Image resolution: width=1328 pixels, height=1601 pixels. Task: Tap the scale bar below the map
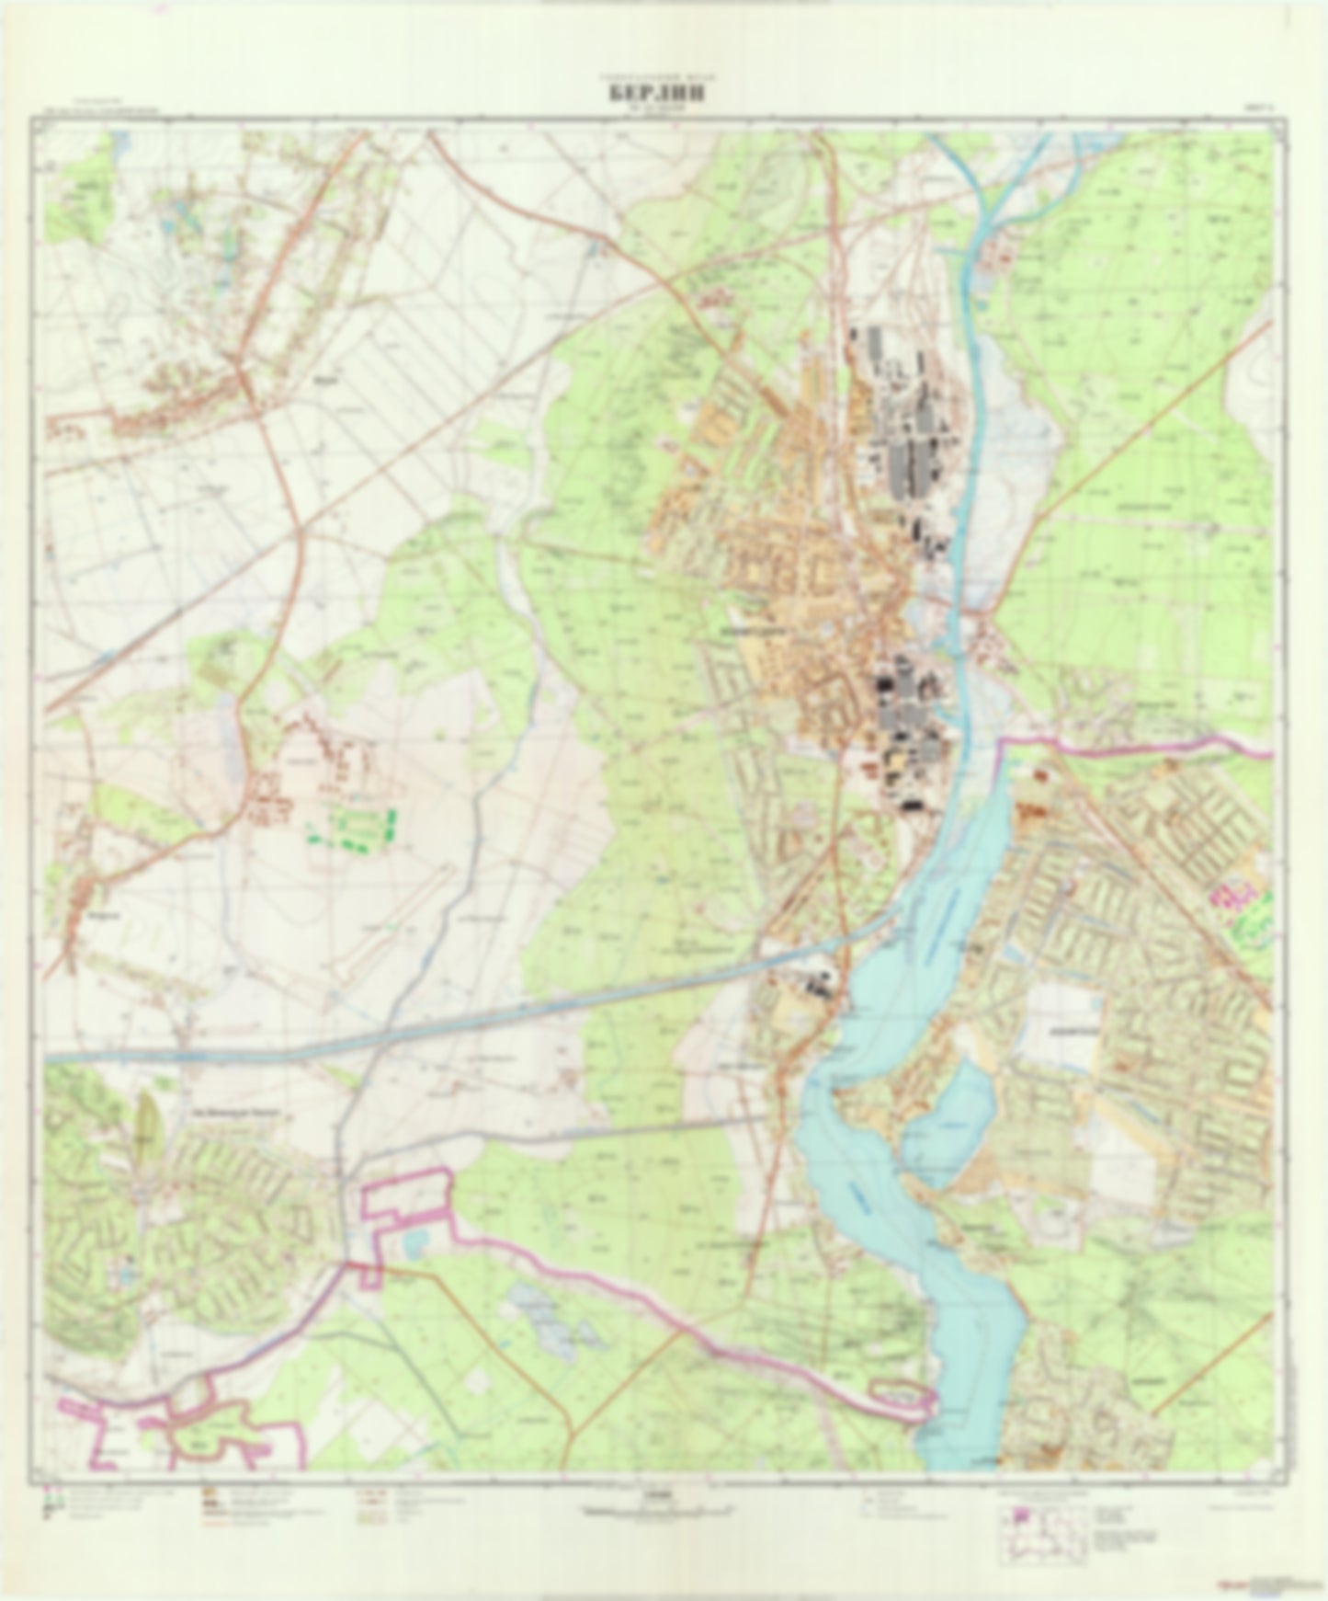(x=660, y=1509)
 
